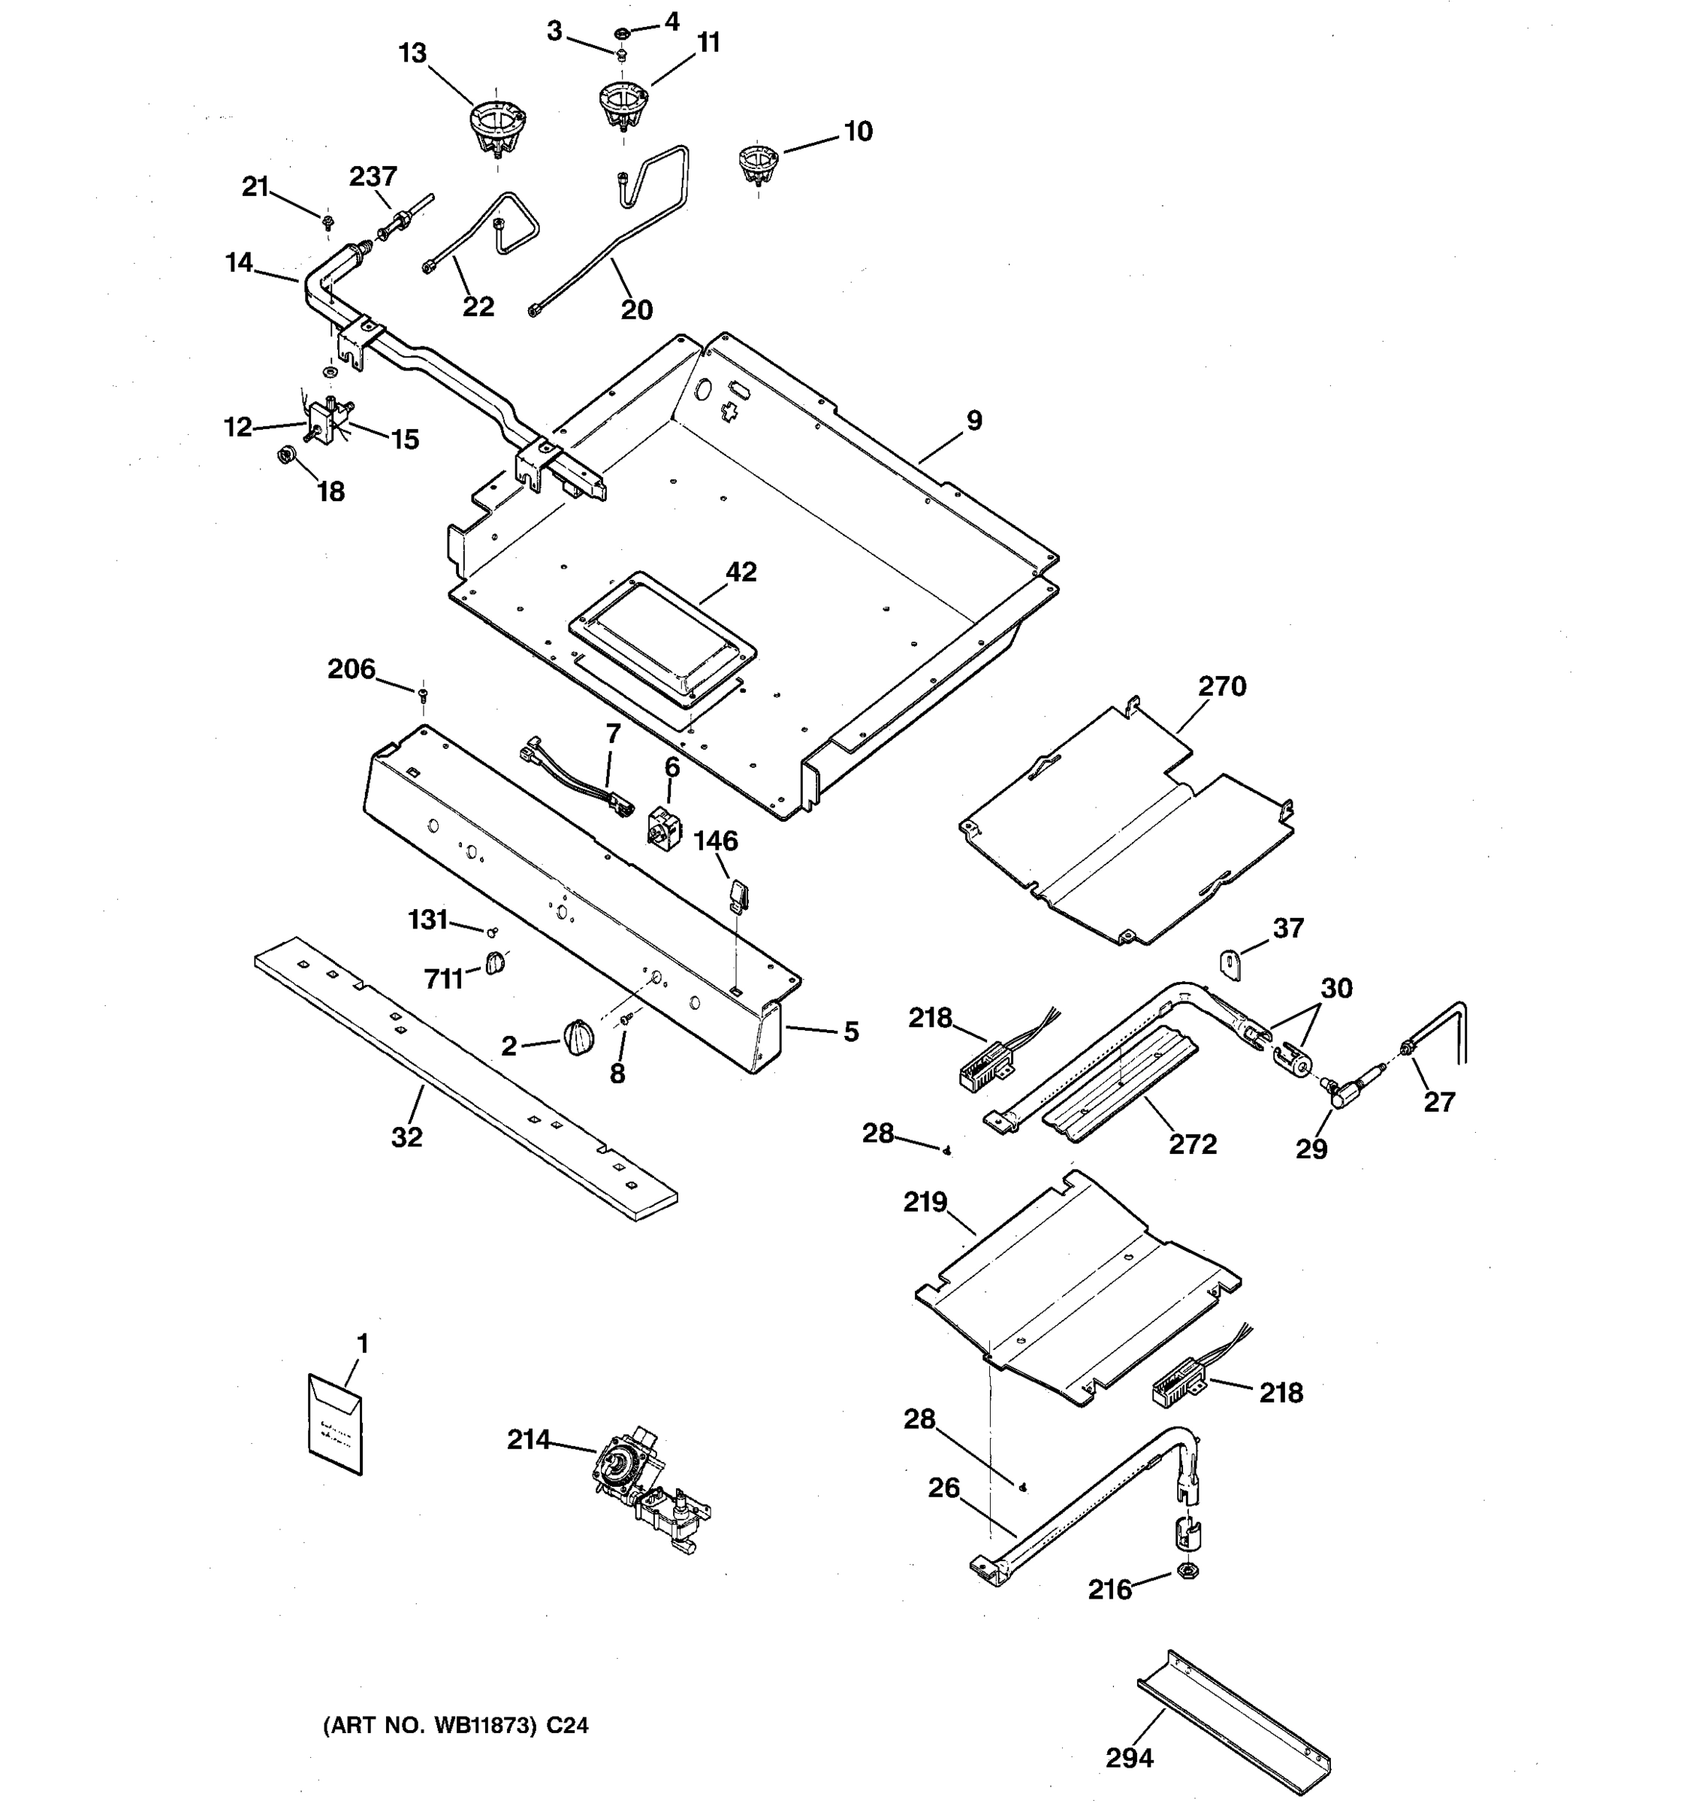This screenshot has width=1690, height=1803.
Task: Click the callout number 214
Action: coord(528,1439)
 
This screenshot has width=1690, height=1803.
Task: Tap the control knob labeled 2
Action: coord(578,1037)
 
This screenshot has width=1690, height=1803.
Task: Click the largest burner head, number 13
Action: coord(498,128)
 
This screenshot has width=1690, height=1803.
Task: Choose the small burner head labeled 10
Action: coord(757,162)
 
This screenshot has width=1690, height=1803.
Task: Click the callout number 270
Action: coord(1221,687)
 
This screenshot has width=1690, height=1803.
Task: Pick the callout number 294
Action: coord(1129,1758)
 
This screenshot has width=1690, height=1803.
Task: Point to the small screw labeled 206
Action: coord(422,695)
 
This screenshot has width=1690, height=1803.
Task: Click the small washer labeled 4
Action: coord(622,34)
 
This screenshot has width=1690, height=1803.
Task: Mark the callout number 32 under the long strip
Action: coord(406,1137)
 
